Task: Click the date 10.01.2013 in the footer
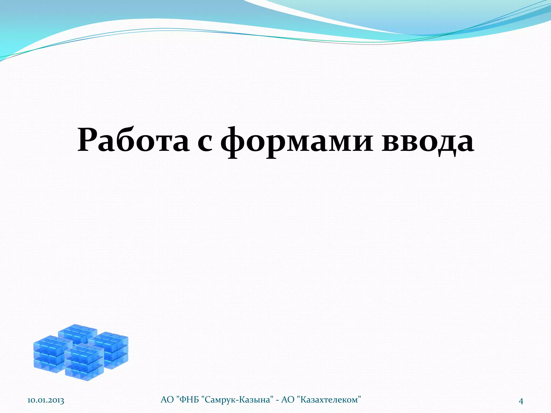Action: point(46,401)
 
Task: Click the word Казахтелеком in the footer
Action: point(329,400)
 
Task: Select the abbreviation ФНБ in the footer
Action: point(189,400)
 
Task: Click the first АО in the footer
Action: point(167,400)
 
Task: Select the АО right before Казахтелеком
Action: point(288,400)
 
